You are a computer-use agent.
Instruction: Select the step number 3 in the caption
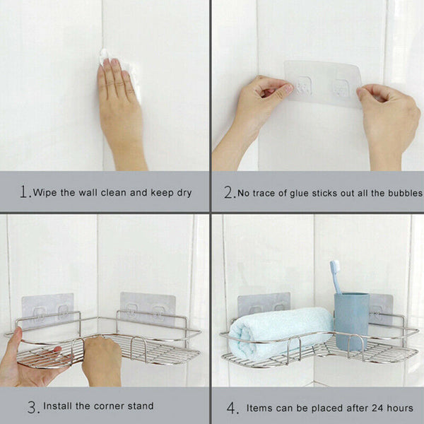33,407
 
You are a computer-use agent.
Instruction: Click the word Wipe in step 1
47,192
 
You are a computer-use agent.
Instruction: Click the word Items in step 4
259,408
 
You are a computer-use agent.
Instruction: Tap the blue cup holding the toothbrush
351,319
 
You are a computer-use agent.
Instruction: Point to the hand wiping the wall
120,106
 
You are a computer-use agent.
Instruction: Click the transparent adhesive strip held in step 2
322,83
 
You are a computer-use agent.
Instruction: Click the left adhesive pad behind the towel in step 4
264,303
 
